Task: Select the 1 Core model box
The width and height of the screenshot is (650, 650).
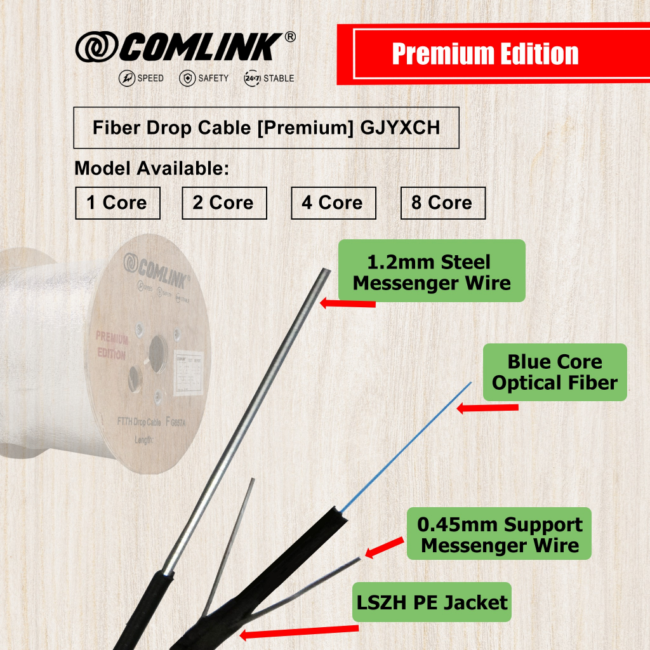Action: pyautogui.click(x=117, y=203)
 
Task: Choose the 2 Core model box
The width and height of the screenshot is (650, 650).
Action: pyautogui.click(x=224, y=203)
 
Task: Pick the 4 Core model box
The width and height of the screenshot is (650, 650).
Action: pyautogui.click(x=333, y=203)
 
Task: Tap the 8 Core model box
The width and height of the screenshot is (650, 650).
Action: pyautogui.click(x=442, y=203)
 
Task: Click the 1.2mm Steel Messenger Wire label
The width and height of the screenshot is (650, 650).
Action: pyautogui.click(x=432, y=271)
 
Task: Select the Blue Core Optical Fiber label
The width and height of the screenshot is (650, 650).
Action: pyautogui.click(x=555, y=373)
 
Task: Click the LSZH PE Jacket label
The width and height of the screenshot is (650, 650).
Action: pyautogui.click(x=432, y=602)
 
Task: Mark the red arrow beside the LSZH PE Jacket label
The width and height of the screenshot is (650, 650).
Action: pyautogui.click(x=298, y=632)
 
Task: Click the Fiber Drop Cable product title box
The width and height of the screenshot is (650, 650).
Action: pyautogui.click(x=266, y=128)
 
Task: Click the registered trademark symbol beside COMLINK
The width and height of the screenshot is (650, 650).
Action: pyautogui.click(x=290, y=37)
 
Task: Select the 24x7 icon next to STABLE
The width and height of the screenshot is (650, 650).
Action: pyautogui.click(x=252, y=78)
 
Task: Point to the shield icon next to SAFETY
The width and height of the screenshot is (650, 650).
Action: pyautogui.click(x=187, y=78)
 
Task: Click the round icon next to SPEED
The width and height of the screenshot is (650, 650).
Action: pyautogui.click(x=127, y=78)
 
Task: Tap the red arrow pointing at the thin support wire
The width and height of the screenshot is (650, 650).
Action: pyautogui.click(x=385, y=547)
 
